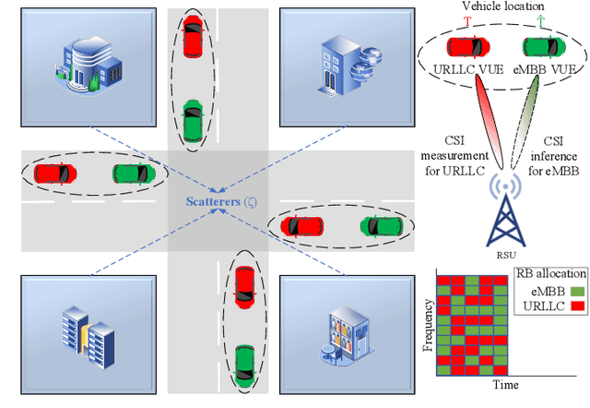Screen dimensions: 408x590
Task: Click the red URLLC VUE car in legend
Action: click(468, 47)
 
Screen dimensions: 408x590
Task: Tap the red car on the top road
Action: click(191, 36)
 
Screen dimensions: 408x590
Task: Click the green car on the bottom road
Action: click(243, 363)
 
